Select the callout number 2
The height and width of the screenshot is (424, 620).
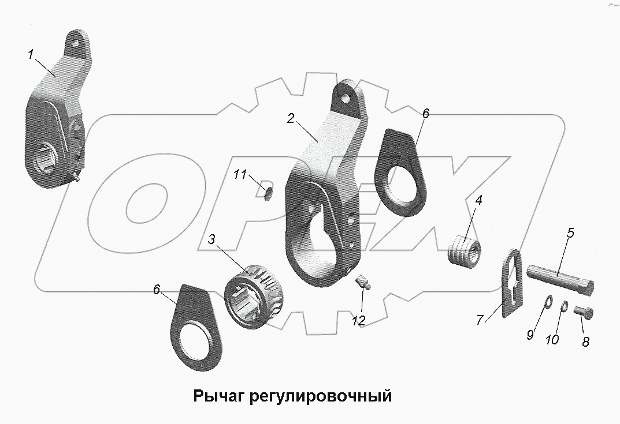pyautogui.click(x=291, y=118)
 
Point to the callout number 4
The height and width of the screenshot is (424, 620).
pyautogui.click(x=479, y=201)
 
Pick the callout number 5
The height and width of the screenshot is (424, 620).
pyautogui.click(x=570, y=234)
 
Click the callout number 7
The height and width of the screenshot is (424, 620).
pyautogui.click(x=479, y=321)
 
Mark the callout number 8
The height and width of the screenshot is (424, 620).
pyautogui.click(x=585, y=342)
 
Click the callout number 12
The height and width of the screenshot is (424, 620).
pyautogui.click(x=359, y=321)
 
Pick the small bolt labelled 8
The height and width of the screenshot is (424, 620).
pyautogui.click(x=583, y=313)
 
